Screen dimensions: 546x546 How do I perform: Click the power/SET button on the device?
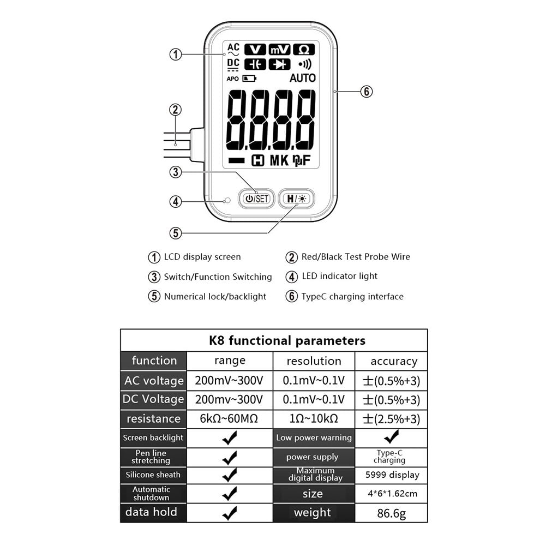coord(256,199)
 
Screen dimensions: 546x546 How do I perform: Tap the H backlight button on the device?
coord(296,199)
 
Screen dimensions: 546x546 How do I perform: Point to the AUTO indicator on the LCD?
coord(303,78)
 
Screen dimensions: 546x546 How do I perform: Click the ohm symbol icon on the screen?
coord(304,50)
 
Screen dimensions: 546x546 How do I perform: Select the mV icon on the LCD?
coord(280,50)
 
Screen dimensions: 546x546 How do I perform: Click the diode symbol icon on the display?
coord(280,64)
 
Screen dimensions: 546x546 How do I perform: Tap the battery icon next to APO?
coord(249,79)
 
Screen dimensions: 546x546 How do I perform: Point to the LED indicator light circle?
coord(227,201)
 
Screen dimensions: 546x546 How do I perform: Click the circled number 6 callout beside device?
coord(367,92)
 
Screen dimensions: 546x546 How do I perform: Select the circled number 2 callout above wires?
coord(176,110)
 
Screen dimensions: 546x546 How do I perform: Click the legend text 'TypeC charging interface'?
coord(352,297)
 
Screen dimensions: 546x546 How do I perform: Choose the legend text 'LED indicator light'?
coord(339,276)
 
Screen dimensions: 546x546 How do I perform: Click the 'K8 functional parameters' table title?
coord(287,340)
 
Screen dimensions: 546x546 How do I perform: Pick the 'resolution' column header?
coord(314,361)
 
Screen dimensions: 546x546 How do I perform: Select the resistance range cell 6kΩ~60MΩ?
coord(229,418)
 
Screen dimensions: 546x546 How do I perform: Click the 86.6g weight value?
coord(392,513)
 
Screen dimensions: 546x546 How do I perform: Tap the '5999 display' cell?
coord(392,475)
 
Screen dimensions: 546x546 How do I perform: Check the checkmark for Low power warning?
coord(392,437)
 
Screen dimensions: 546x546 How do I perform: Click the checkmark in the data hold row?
coord(230,513)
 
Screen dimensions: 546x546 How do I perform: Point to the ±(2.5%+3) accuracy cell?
coord(392,419)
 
